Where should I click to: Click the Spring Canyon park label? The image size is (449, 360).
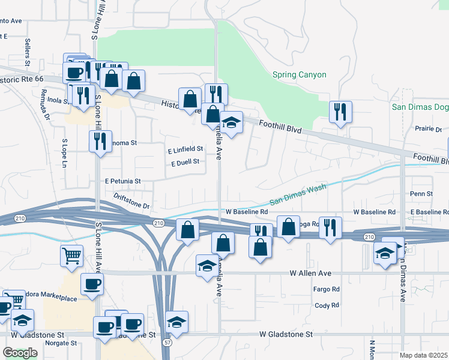pos(299,75)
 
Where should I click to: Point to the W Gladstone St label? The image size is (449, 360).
pos(286,334)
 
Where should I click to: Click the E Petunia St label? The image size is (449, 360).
pos(122,181)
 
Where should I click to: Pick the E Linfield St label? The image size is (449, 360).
pos(185,149)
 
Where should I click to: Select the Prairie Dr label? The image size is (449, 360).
pos(428,129)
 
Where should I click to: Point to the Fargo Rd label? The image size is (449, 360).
pos(327,289)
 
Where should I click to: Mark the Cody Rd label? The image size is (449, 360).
pos(327,305)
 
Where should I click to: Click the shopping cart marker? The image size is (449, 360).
pos(71,256)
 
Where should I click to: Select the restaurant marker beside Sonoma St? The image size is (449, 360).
pos(100,141)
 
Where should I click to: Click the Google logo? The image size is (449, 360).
pos(20,353)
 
